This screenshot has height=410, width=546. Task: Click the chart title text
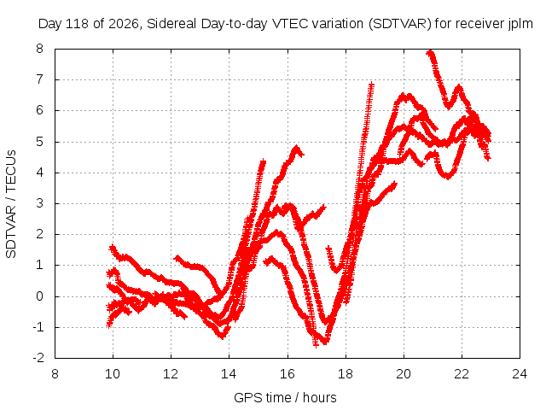pos(285,24)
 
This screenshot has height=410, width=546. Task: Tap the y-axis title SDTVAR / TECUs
pos(11,204)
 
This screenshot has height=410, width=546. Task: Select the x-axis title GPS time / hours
pos(285,397)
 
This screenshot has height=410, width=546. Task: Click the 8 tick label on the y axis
pos(40,49)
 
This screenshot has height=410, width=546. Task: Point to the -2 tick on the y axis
pos(38,358)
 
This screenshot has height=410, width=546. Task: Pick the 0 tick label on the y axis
pos(40,296)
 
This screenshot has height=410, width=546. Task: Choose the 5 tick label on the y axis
pos(40,142)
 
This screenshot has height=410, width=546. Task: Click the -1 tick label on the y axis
pos(38,327)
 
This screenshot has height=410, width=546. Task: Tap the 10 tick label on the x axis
pos(113,374)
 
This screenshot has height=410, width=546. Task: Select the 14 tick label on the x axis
pos(229,374)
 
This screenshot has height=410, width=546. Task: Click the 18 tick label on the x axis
pos(345,374)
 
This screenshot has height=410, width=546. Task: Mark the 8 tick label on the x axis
pos(55,374)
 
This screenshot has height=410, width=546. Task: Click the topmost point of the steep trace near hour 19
pos(372,84)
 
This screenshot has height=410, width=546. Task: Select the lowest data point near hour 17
pos(316,345)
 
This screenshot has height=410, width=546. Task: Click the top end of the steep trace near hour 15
pos(263,161)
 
